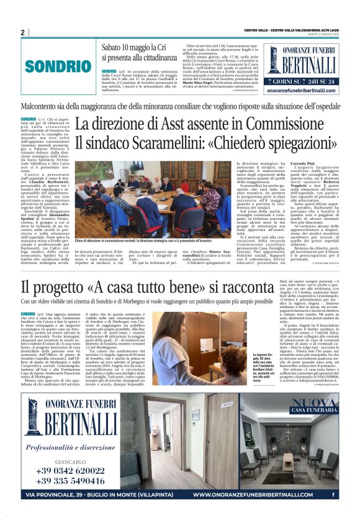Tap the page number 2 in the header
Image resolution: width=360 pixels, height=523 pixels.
[x=22, y=32]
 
